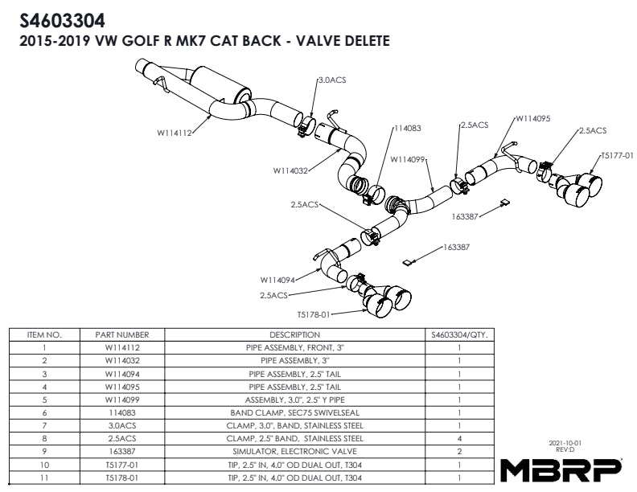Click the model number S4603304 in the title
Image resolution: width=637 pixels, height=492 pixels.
[x=61, y=18]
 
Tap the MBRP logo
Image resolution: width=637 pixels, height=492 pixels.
[x=561, y=469]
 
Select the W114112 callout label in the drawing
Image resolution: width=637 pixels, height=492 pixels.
[x=175, y=133]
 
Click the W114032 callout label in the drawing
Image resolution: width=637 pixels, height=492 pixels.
[x=290, y=170]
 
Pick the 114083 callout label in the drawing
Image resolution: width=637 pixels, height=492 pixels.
[x=408, y=128]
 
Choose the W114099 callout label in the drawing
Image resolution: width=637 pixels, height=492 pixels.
[x=409, y=159]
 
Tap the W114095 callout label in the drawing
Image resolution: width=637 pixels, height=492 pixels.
[x=532, y=118]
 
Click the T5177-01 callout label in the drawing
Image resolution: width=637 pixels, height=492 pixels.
[x=617, y=155]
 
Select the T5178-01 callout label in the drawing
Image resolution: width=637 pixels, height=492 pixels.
[x=315, y=314]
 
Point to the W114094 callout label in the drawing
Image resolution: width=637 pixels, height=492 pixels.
[x=277, y=280]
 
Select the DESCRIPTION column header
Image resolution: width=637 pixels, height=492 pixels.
[x=294, y=334]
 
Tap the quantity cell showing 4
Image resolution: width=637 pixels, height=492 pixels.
[x=458, y=438]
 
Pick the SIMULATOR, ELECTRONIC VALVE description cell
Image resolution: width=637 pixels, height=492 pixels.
[x=294, y=451]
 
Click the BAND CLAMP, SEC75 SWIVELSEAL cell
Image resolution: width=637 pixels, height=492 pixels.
[x=294, y=412]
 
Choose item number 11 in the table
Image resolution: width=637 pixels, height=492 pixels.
[x=45, y=478]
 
